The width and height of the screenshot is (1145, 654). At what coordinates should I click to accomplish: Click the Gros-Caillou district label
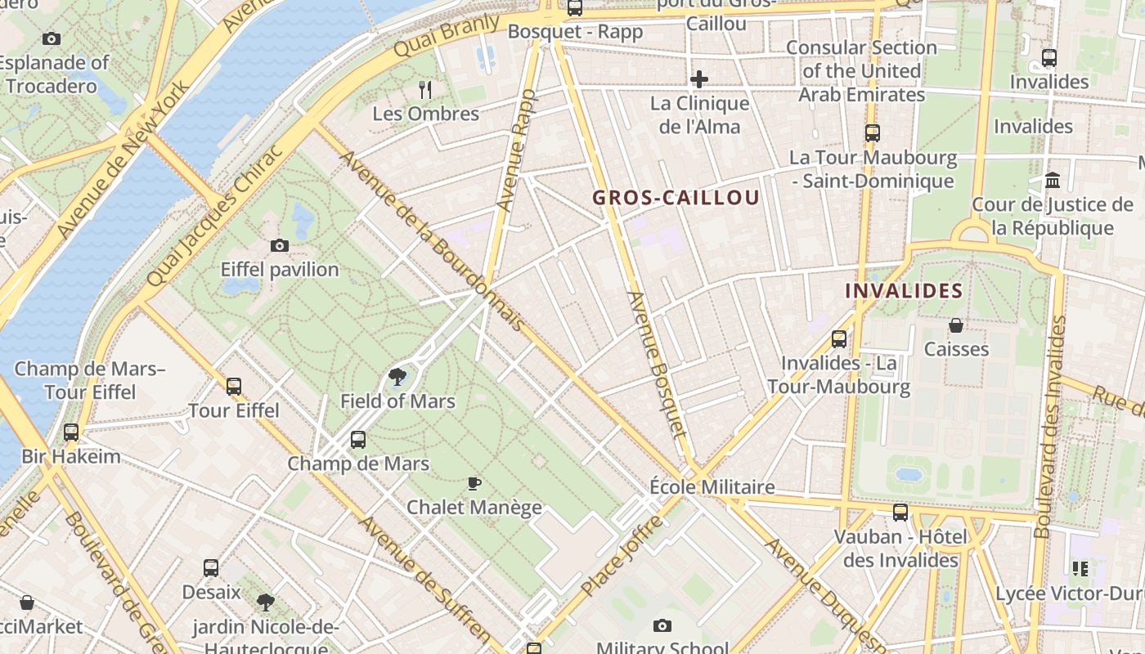click(676, 197)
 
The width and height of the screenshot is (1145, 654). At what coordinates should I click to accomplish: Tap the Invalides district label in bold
click(904, 291)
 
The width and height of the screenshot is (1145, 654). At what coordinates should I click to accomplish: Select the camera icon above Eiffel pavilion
click(280, 245)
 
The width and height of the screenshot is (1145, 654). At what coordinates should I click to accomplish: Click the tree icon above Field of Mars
click(397, 377)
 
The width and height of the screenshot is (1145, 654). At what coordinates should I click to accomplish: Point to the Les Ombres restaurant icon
click(425, 89)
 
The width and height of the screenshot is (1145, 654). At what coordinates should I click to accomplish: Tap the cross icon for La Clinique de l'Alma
click(699, 79)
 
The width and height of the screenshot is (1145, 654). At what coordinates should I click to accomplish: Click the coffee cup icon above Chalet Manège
click(474, 483)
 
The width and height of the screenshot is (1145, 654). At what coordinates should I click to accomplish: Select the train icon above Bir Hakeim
click(71, 432)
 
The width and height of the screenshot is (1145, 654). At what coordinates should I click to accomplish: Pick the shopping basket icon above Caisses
click(955, 325)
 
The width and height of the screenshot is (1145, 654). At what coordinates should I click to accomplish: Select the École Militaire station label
click(712, 487)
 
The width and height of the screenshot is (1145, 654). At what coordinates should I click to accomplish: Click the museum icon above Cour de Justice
click(1053, 180)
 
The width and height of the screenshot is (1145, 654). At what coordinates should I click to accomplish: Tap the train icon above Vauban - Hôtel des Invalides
click(900, 513)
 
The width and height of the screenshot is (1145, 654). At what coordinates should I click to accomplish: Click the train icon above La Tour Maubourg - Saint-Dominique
click(873, 132)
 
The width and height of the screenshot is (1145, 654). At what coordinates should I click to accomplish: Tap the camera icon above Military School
click(662, 625)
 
